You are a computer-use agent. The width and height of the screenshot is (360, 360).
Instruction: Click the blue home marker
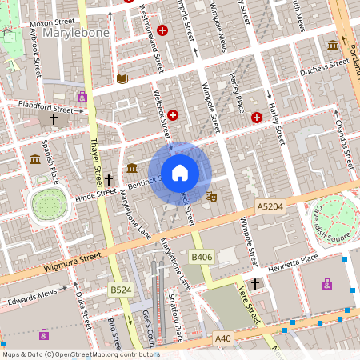pyautogui.click(x=180, y=172)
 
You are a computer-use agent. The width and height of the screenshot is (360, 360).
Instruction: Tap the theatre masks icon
pyautogui.click(x=211, y=195)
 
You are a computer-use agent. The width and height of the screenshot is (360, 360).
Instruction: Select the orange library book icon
pyautogui.click(x=122, y=78)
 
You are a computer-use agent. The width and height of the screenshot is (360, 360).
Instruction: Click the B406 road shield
pyautogui.click(x=201, y=257)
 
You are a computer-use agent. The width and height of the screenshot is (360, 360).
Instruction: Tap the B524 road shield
pyautogui.click(x=120, y=289)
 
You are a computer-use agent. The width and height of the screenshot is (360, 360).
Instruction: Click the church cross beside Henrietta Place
pyautogui.click(x=255, y=284)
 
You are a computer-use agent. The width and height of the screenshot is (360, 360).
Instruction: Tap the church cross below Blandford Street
pyautogui.click(x=54, y=119)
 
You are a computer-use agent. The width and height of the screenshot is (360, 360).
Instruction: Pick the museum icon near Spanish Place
pyautogui.click(x=35, y=159)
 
